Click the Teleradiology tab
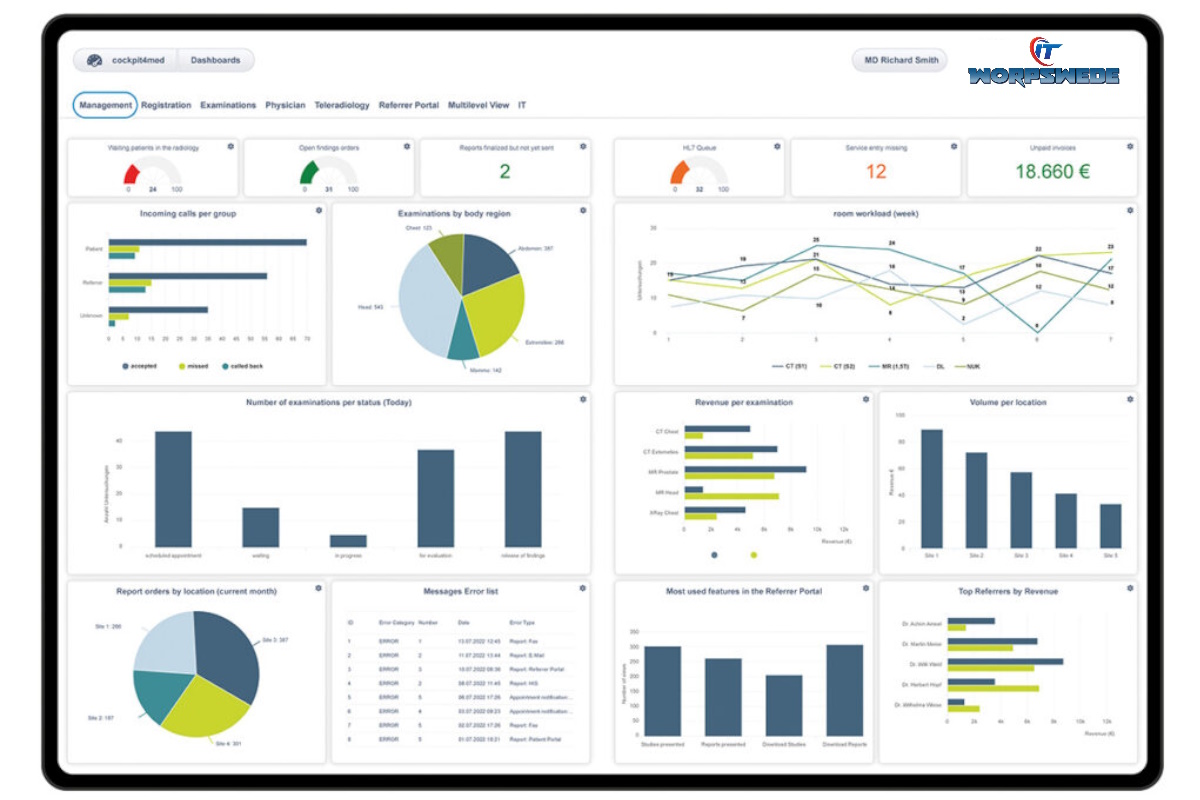tap(342, 105)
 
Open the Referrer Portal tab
tap(408, 105)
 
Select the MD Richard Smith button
tap(901, 60)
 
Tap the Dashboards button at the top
tap(215, 60)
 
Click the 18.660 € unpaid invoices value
tap(1052, 171)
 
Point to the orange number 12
tap(876, 171)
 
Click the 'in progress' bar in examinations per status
tap(348, 541)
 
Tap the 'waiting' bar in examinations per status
tap(261, 527)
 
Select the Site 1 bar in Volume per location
tap(931, 488)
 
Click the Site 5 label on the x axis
tap(1110, 555)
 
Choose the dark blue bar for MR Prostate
tap(745, 468)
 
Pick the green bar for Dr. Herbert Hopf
tap(992, 688)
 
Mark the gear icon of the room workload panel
tap(1130, 210)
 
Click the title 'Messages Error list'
tap(461, 591)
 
